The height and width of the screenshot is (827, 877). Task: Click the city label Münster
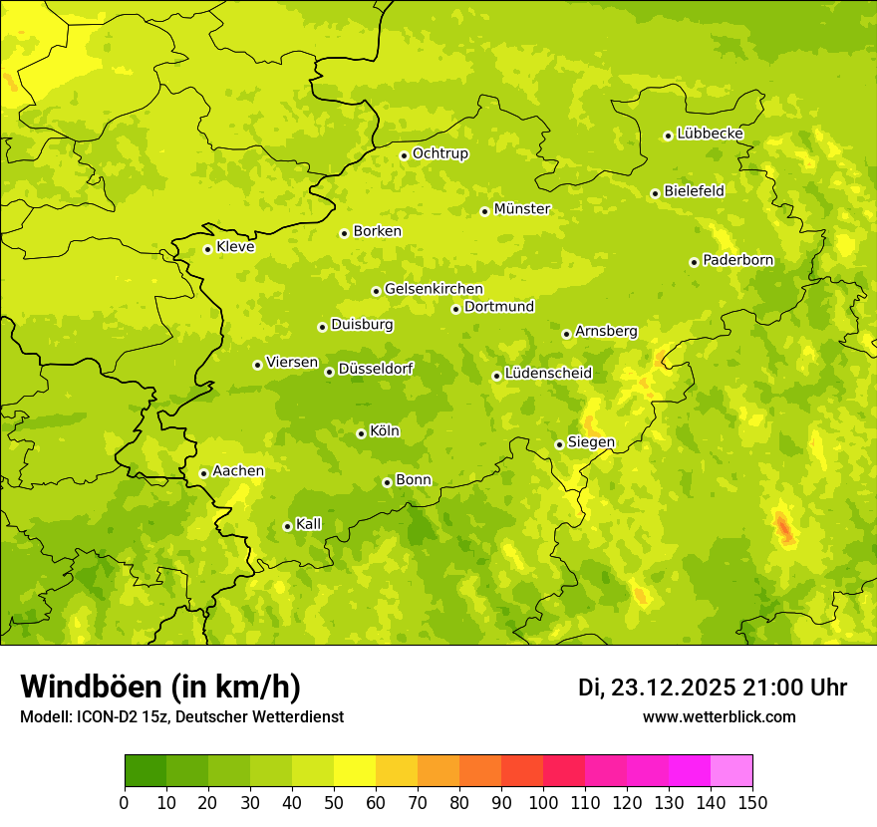522,209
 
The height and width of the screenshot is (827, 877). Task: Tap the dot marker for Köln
361,433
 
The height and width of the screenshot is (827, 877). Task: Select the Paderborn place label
738,260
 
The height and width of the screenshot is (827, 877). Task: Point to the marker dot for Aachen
203,473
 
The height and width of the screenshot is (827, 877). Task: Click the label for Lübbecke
711,134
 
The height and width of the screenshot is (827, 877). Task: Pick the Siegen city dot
559,444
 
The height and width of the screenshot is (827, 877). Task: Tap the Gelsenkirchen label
434,289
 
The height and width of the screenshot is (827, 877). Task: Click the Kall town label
309,524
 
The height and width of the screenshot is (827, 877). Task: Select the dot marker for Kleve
207,249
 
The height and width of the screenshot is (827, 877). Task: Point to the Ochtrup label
440,153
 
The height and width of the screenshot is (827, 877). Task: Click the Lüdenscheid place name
548,374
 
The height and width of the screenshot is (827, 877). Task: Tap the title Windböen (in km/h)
160,688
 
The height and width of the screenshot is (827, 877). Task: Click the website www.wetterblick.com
719,717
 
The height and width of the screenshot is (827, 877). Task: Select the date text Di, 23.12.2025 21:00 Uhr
713,688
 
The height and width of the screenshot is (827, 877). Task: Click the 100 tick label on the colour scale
543,803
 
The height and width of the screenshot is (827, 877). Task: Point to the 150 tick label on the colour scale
752,803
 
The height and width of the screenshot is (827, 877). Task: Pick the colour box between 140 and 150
731,771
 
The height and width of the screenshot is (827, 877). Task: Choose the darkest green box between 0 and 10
146,771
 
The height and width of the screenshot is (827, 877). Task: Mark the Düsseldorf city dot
329,372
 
